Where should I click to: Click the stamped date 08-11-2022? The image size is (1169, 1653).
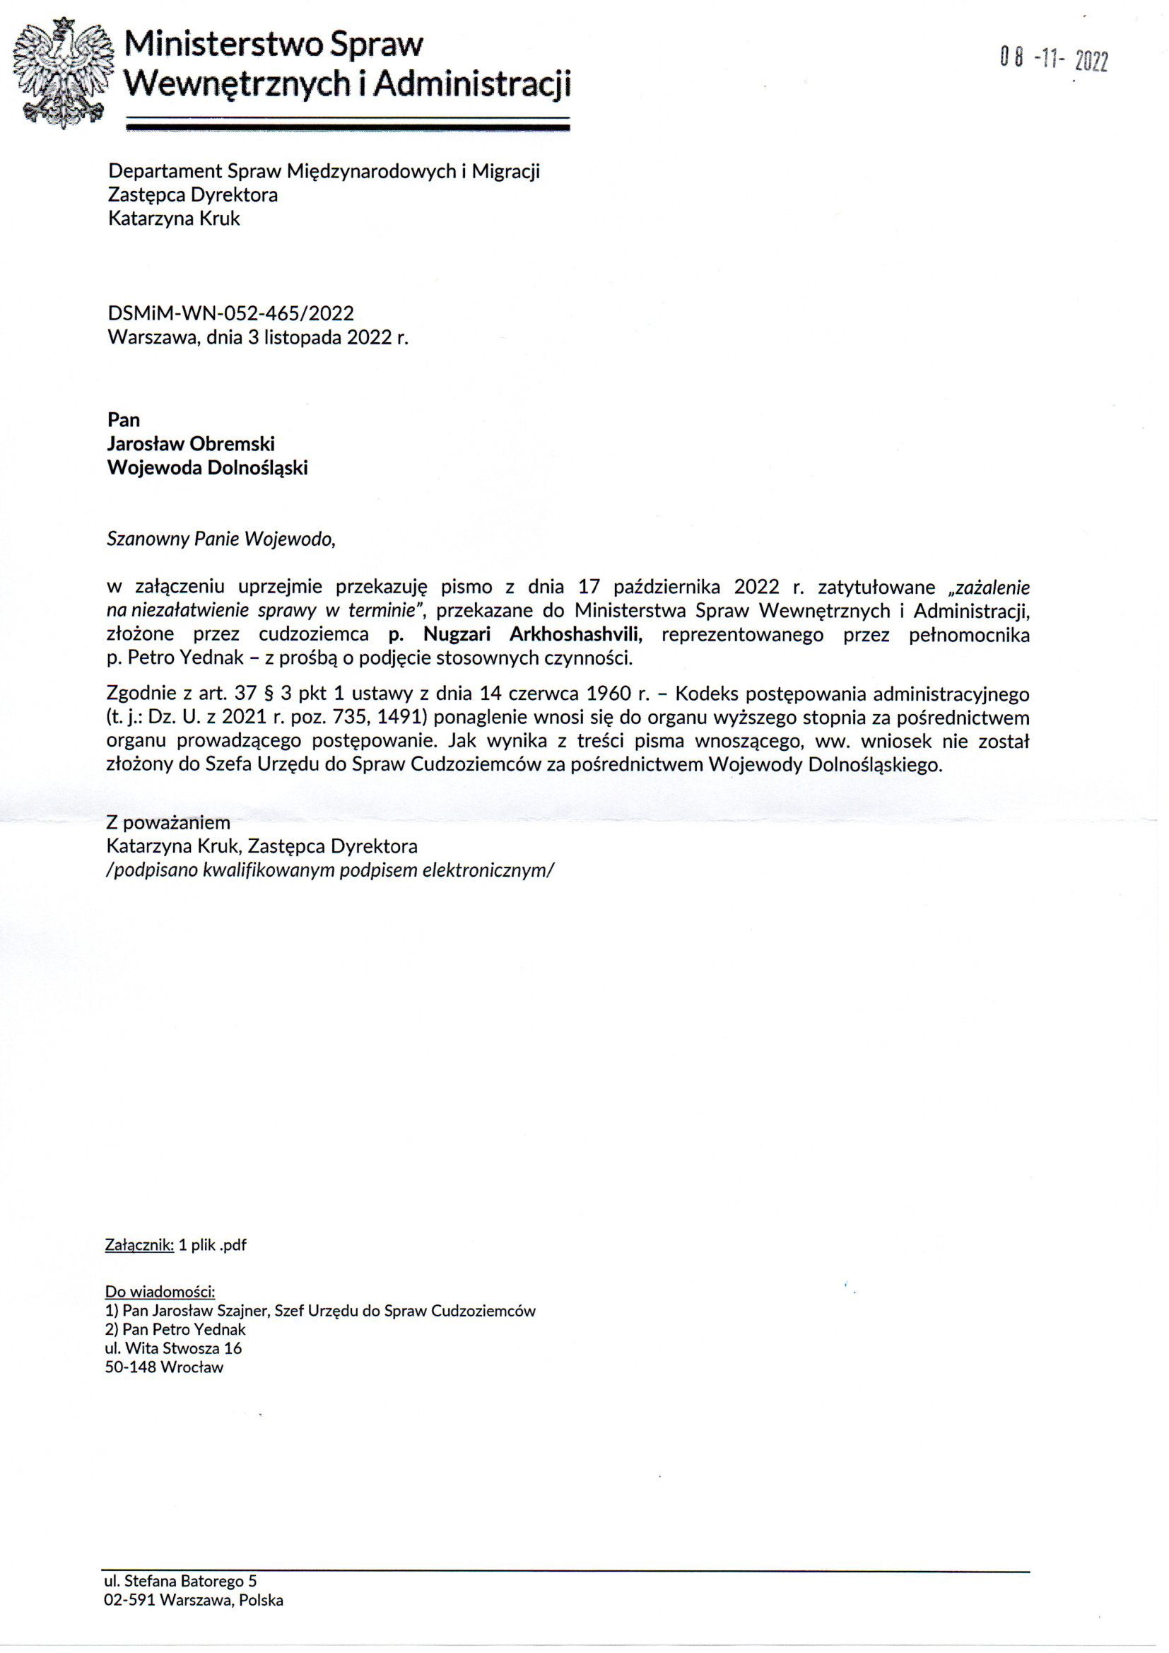pos(1054,61)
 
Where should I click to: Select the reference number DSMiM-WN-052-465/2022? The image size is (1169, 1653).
pos(230,313)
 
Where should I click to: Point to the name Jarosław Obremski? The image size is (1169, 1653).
pos(191,443)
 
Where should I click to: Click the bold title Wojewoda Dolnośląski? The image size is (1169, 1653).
pos(207,468)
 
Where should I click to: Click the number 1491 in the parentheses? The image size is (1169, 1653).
pos(403,718)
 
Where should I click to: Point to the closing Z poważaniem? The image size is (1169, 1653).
pos(168,822)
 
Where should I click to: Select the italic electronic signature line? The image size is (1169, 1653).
pos(330,870)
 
